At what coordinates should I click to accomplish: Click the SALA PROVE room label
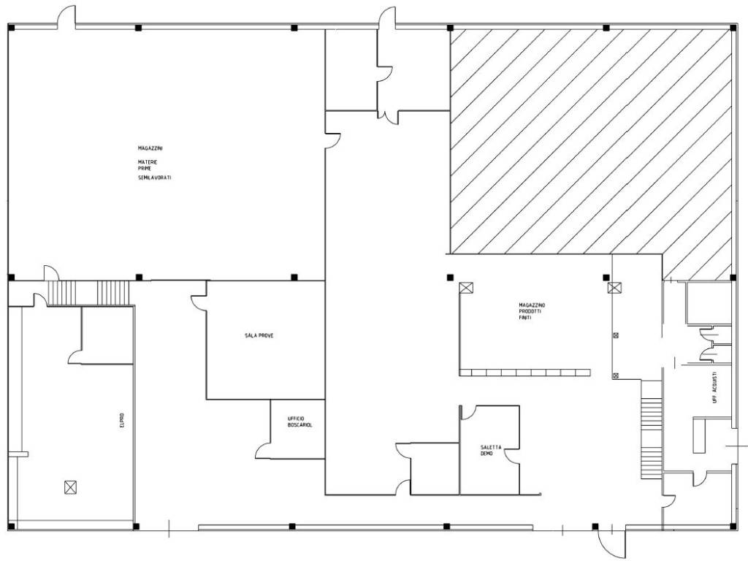(259, 336)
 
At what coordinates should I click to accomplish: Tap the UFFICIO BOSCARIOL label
(300, 421)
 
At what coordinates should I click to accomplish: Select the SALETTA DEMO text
(491, 450)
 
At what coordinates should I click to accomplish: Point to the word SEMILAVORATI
(155, 178)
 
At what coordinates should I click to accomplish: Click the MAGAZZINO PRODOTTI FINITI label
(532, 311)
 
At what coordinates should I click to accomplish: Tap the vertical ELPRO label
(122, 420)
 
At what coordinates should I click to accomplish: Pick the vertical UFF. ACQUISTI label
(714, 388)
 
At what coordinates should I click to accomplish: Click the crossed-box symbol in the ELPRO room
(71, 487)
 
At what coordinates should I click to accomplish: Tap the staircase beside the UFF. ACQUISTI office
(652, 430)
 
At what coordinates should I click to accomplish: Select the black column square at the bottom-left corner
(12, 527)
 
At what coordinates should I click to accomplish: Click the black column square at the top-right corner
(733, 28)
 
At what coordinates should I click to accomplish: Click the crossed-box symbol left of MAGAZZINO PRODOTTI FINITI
(466, 288)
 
